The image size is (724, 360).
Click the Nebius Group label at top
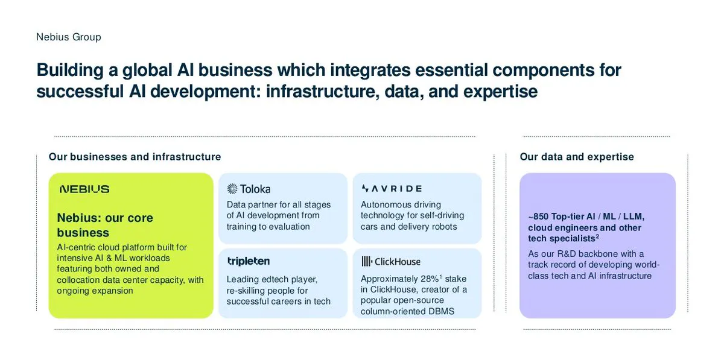click(x=69, y=37)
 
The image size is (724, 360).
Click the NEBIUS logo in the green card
click(x=84, y=189)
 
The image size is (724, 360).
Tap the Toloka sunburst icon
click(x=232, y=189)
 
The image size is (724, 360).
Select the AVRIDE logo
click(x=392, y=188)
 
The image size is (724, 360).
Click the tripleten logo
click(x=249, y=261)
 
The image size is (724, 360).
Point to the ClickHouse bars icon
click(x=367, y=262)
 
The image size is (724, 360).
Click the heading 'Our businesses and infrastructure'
click(x=135, y=157)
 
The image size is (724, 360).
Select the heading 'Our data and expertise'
click(x=577, y=157)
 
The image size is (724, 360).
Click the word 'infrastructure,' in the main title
click(x=323, y=91)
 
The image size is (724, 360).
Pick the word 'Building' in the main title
click(x=70, y=70)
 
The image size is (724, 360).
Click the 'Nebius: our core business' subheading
click(x=105, y=225)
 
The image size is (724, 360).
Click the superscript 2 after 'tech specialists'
click(x=598, y=236)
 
